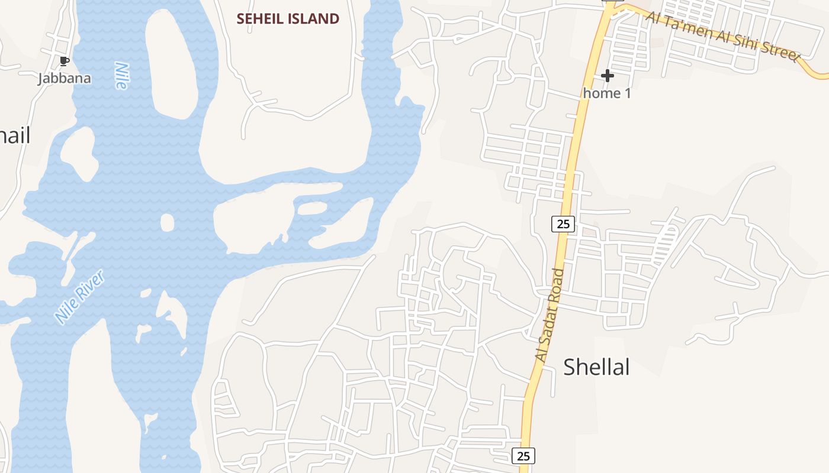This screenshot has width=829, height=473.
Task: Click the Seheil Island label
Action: tap(288, 19)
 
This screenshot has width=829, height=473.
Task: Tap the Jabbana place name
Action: tap(65, 78)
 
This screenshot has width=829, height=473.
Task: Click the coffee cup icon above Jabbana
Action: tap(65, 61)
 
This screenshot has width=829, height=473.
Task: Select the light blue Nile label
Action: tap(121, 75)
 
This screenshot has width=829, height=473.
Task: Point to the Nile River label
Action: tap(80, 297)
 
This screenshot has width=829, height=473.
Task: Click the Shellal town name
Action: tap(596, 367)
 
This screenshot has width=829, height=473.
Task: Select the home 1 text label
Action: tap(607, 93)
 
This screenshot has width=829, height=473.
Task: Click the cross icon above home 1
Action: tap(607, 76)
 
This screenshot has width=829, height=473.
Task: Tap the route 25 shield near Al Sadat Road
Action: tap(563, 224)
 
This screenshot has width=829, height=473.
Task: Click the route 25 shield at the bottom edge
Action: tap(523, 456)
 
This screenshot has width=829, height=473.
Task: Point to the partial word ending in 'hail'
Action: tap(14, 135)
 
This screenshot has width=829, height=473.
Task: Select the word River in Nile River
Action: tap(92, 284)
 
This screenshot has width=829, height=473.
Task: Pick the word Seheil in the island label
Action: tap(259, 19)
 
